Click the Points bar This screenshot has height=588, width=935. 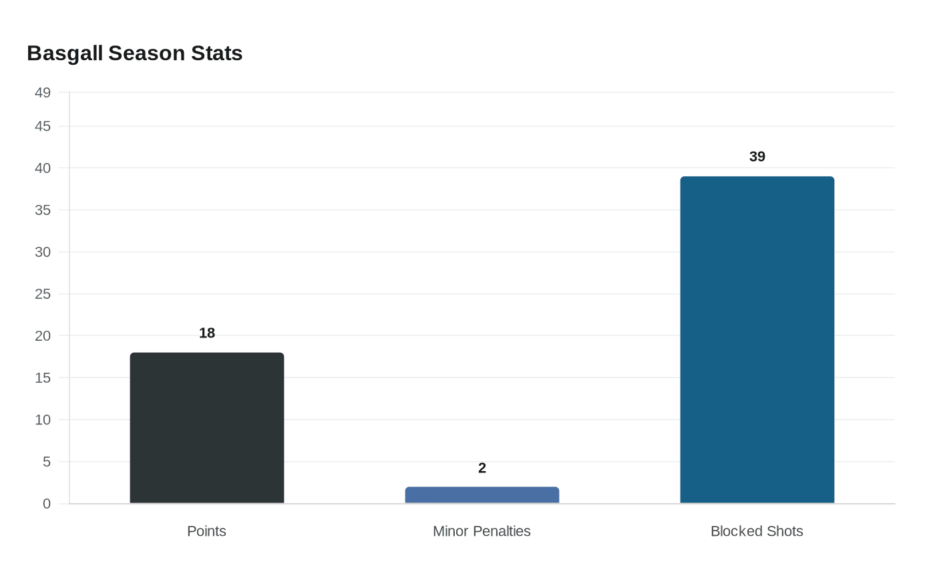pos(207,428)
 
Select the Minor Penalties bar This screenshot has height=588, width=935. pos(482,495)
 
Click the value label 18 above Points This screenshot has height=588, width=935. pos(207,333)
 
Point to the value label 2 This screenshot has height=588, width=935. pos(482,468)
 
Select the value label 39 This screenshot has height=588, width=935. pos(757,156)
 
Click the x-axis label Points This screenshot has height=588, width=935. pos(206,531)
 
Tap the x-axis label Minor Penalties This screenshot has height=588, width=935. pos(482,531)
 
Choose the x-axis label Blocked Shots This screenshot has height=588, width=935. pos(757,531)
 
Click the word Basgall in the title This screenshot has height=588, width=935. pos(65,53)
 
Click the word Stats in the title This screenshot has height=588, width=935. pos(217,53)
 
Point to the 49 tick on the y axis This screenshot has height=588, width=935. pos(43,92)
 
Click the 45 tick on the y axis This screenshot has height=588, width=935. pos(43,126)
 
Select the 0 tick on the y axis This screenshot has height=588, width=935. pos(47,504)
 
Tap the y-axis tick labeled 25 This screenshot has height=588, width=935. pos(43,294)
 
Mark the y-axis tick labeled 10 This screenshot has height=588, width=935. pos(43,420)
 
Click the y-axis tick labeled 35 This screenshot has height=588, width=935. pos(43,210)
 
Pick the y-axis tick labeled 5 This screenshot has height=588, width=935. pos(47,462)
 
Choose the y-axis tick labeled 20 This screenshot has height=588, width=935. pos(43,335)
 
